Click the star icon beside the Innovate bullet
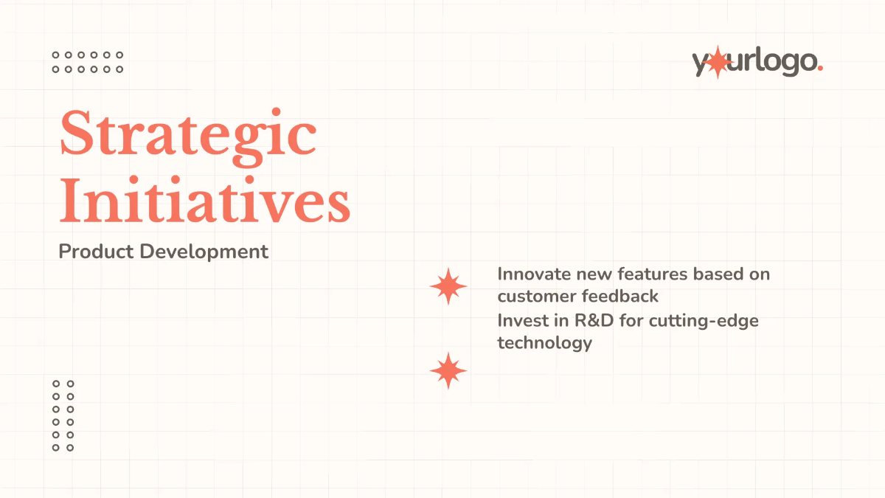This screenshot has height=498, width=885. (448, 286)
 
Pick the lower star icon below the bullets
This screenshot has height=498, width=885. (448, 370)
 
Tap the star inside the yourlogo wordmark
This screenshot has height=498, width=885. (718, 63)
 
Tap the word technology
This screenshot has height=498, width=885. (544, 343)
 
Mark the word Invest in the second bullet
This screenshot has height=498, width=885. (518, 321)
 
